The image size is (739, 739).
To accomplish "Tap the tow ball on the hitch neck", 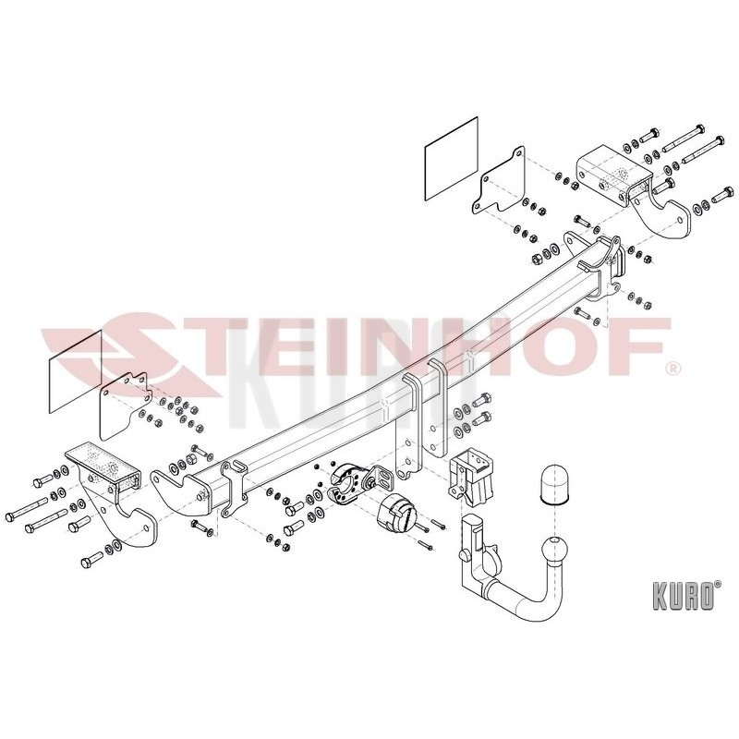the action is click(x=556, y=551).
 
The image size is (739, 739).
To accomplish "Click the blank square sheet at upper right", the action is click(x=452, y=159).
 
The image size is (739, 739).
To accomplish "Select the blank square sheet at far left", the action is click(x=76, y=371).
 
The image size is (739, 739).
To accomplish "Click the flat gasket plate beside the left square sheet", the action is click(x=124, y=406).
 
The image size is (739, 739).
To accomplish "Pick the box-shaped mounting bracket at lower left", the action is click(x=103, y=466).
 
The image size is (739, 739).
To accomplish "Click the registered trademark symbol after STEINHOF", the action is click(x=674, y=367).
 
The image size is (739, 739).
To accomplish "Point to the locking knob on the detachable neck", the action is click(x=465, y=555).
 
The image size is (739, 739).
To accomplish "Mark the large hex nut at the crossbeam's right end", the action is click(x=538, y=259).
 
